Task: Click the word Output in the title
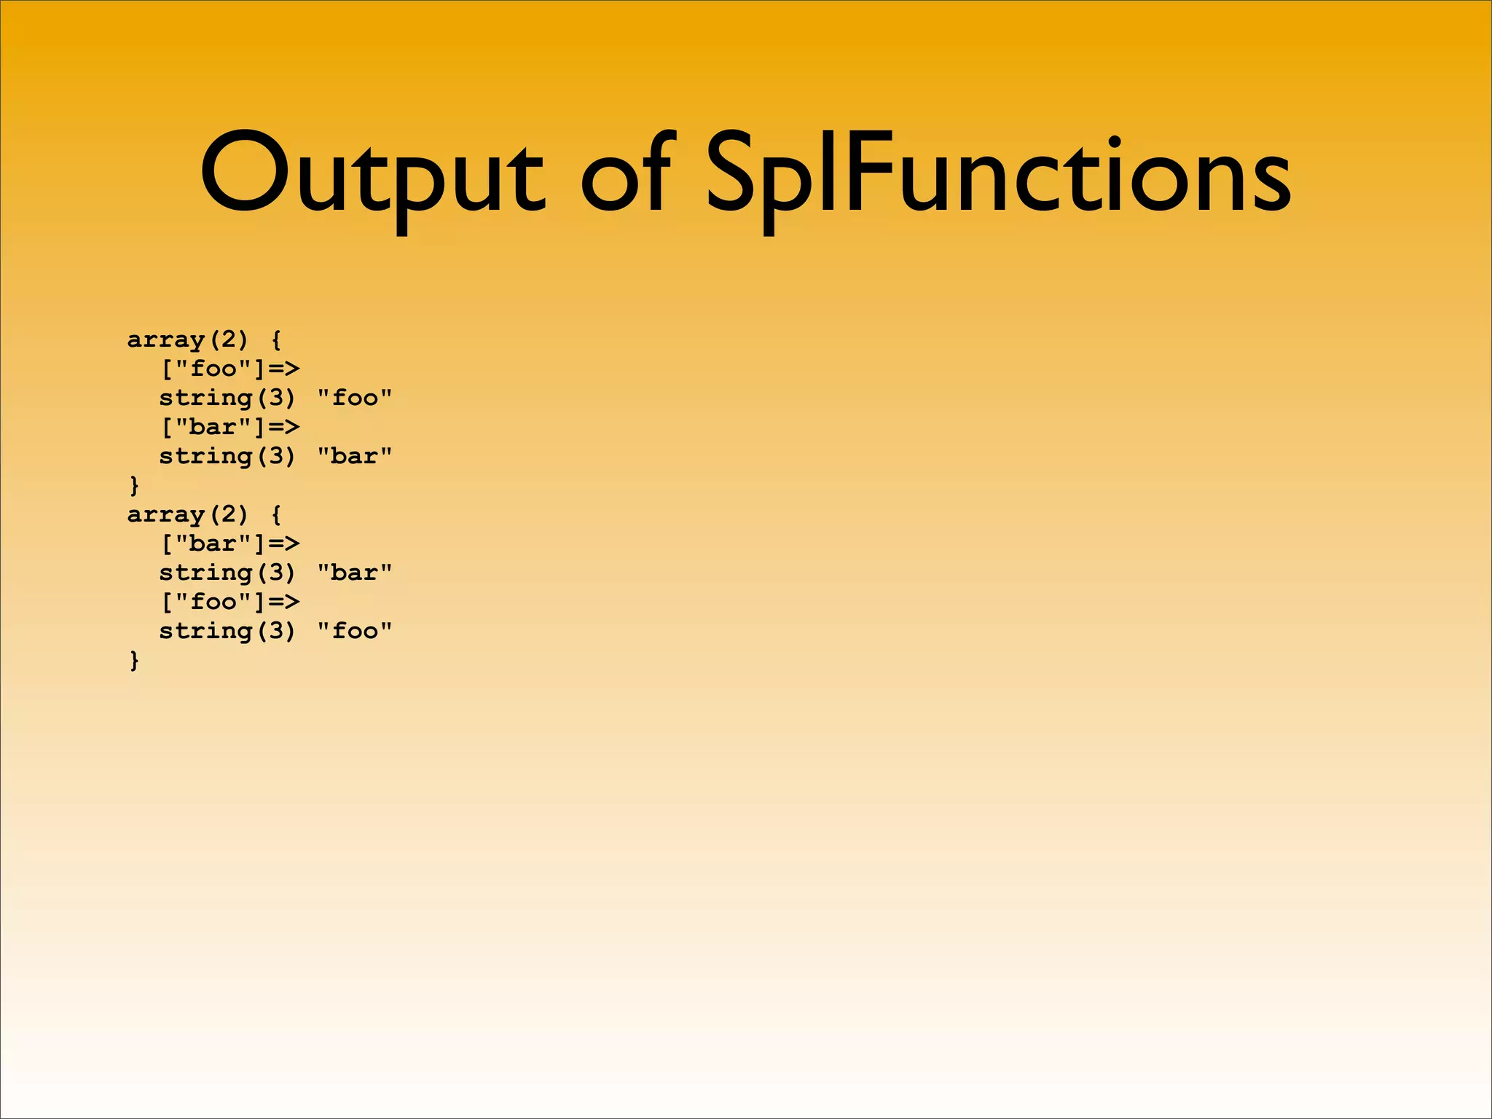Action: click(372, 175)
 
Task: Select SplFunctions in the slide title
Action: click(998, 175)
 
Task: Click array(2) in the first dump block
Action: click(188, 340)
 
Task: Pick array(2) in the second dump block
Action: click(188, 515)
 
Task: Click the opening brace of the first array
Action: click(276, 340)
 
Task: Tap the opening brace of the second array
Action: click(276, 515)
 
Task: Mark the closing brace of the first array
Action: click(134, 485)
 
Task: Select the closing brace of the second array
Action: click(134, 660)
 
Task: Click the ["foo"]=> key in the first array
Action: click(229, 369)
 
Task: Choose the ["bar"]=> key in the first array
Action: click(229, 427)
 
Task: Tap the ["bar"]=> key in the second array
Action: click(229, 543)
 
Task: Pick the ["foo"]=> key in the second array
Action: click(229, 602)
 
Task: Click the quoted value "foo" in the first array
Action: click(355, 398)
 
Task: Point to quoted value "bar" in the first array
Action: click(355, 456)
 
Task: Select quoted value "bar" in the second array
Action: click(355, 573)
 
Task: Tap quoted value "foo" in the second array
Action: click(355, 631)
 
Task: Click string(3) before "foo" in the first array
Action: click(227, 398)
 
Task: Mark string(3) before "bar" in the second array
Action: click(227, 573)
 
